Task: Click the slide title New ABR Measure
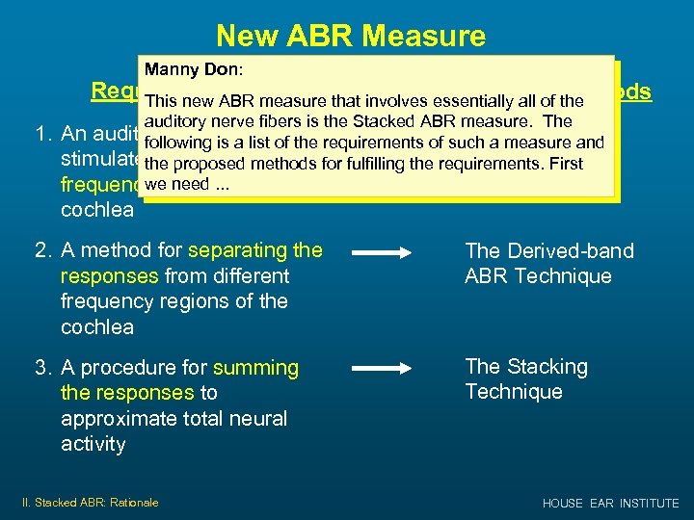click(x=351, y=36)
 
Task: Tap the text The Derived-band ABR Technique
click(x=548, y=263)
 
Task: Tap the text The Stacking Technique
click(x=525, y=378)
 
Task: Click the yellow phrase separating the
click(x=255, y=250)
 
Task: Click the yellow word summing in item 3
click(x=255, y=367)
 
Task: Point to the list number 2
click(x=42, y=251)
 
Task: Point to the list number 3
click(x=42, y=368)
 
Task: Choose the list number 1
click(x=42, y=134)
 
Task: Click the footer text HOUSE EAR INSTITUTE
click(x=610, y=503)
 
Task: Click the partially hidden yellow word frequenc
click(x=99, y=184)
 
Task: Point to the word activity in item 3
click(x=93, y=443)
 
